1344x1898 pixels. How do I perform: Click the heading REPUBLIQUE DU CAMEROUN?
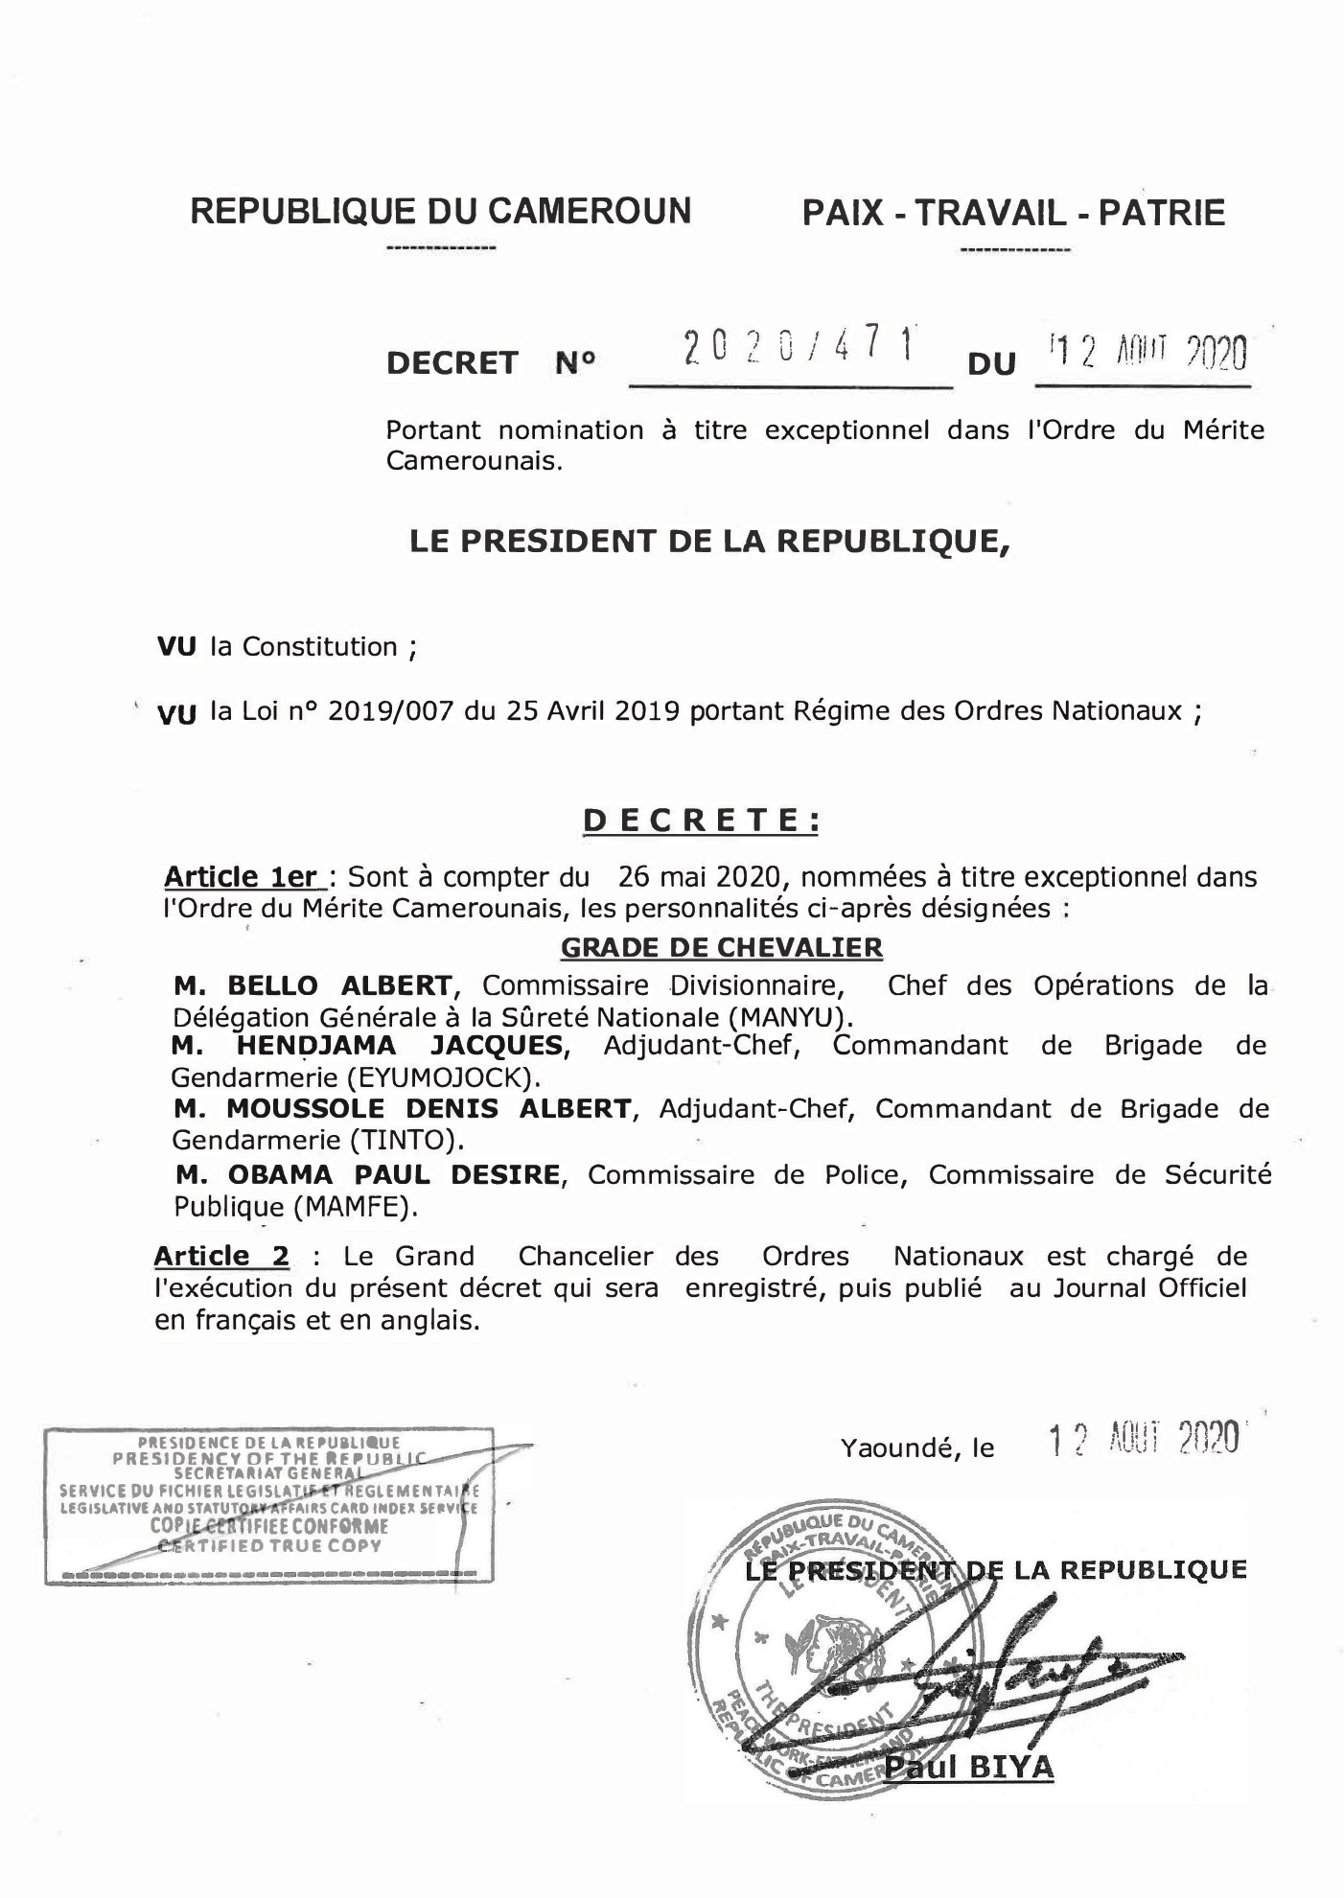click(x=440, y=210)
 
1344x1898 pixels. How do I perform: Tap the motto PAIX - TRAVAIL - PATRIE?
click(x=1013, y=212)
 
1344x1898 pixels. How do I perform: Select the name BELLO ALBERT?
click(x=339, y=985)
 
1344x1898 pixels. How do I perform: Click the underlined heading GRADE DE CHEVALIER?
click(x=721, y=948)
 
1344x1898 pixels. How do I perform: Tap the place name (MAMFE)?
click(x=357, y=1206)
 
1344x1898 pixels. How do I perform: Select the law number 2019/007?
click(x=389, y=711)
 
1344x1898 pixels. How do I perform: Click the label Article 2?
click(x=221, y=1256)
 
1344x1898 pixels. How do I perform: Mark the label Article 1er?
click(x=241, y=877)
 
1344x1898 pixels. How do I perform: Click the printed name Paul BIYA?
click(x=968, y=1767)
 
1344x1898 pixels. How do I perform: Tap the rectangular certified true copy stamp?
click(x=269, y=1506)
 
